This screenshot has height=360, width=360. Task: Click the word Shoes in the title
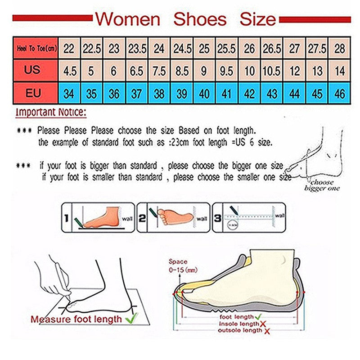[x=200, y=19]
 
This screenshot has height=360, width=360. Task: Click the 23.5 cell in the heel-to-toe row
[x=137, y=48]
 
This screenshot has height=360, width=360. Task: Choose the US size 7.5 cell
[x=159, y=71]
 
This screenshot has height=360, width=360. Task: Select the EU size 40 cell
[x=204, y=94]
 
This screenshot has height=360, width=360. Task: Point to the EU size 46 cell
[x=340, y=94]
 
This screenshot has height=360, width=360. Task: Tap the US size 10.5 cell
[x=272, y=71]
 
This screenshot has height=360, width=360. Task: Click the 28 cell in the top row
[x=340, y=48]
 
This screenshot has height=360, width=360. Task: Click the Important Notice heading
[x=50, y=112]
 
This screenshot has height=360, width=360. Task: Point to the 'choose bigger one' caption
[x=322, y=185]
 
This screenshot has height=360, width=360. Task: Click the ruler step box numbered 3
[x=249, y=217]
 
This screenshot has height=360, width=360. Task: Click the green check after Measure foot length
[x=132, y=319]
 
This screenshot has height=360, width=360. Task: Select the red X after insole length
[x=262, y=324]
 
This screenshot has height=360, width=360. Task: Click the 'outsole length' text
[x=239, y=331]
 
